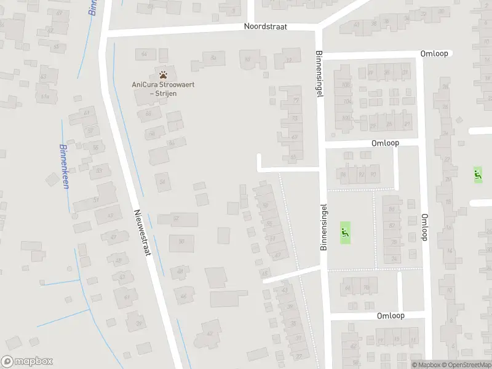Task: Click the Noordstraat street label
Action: coord(271,27)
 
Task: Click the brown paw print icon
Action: coord(163,73)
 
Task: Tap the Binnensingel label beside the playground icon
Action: coord(324,227)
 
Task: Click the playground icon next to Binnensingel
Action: coord(344,233)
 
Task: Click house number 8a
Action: coord(213,58)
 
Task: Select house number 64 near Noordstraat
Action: coord(145,54)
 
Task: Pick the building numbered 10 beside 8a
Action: coord(248,60)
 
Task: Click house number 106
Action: coord(346,85)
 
